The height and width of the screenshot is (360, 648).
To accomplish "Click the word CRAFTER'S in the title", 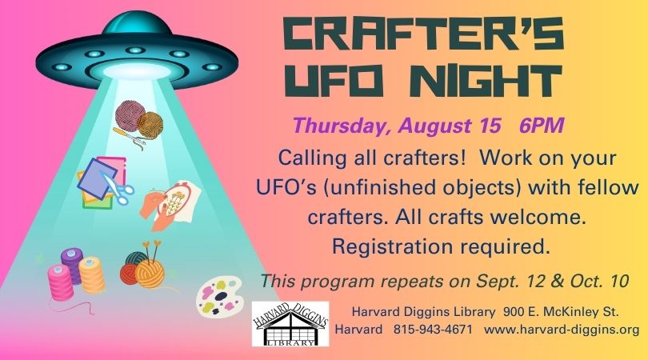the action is coord(423,34).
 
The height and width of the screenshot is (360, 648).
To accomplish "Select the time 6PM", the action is coord(542,126).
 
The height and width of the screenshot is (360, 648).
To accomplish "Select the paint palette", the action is coord(218,297).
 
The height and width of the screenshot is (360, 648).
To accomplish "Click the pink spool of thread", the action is coord(61,282).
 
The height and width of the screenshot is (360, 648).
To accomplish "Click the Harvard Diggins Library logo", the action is coord(290,324).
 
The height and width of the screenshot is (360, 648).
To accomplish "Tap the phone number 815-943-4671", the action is coord(433,330).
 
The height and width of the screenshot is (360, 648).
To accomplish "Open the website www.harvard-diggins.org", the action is coord(562,330).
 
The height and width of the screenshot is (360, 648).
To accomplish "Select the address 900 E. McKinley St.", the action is coord(561,312).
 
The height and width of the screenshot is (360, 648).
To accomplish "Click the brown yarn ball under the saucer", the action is coord(150,125).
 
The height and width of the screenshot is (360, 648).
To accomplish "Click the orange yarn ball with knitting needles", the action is coord(150,274).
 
